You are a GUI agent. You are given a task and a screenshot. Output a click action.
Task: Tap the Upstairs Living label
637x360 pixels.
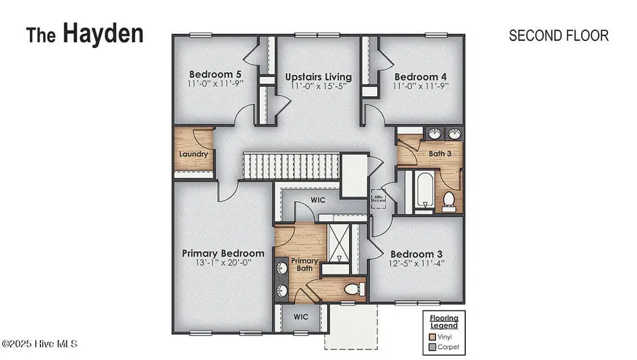click(x=318, y=76)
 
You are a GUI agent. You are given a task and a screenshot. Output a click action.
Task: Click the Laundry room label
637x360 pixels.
click(x=193, y=153)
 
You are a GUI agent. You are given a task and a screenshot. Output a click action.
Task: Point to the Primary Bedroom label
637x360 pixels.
click(x=223, y=252)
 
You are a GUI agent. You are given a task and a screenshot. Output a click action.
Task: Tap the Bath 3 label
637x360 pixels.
click(x=441, y=153)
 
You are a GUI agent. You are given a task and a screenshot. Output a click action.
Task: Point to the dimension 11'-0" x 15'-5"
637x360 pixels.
click(x=318, y=87)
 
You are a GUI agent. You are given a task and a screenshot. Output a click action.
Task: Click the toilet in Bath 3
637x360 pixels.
click(x=447, y=201)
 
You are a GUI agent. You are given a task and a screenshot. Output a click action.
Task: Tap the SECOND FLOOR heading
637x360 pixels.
click(x=558, y=35)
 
